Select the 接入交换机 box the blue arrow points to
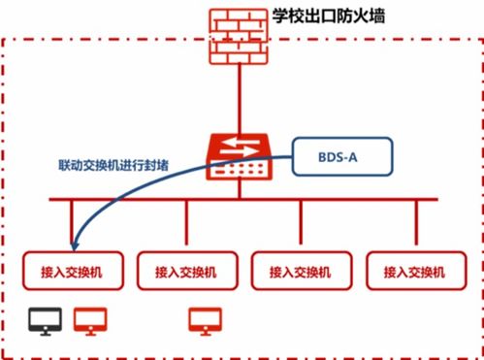[73, 272]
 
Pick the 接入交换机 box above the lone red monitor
[187, 272]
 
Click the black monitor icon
[44, 321]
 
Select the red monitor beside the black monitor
[90, 321]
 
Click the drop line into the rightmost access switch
[416, 227]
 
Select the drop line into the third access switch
[302, 227]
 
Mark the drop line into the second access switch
[187, 227]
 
